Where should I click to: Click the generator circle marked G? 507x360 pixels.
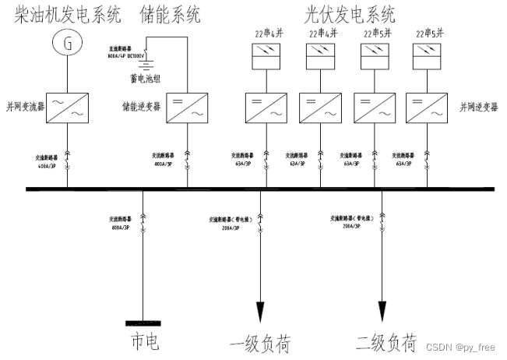68,45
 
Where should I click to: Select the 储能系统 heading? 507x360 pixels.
169,15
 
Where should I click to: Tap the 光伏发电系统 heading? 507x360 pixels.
350,14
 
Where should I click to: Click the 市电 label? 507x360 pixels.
146,341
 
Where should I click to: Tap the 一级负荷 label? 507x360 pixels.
259,344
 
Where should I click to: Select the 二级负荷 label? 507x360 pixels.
386,343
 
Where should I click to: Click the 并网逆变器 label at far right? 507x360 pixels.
477,105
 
